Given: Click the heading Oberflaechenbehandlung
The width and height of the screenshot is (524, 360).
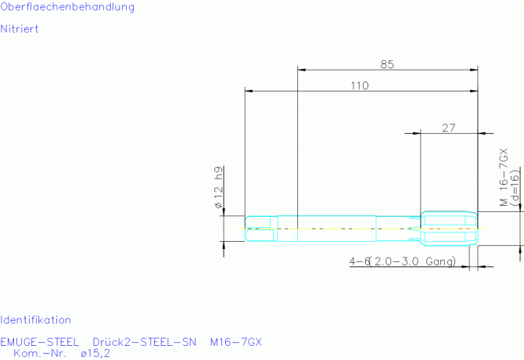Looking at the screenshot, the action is coord(67,7).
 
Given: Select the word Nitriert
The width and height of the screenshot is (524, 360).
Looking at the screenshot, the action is coord(20,29).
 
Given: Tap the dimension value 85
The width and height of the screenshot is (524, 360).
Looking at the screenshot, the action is coord(387,64).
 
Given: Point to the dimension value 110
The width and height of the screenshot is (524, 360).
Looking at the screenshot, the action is coord(360,85).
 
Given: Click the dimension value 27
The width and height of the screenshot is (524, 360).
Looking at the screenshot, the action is coord(448,128).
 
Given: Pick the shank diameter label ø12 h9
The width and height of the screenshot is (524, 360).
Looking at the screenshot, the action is coord(218,187).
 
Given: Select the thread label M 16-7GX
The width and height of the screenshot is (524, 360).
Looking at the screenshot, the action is coord(504,178).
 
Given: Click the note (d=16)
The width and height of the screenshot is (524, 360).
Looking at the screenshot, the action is coord(515,186).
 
